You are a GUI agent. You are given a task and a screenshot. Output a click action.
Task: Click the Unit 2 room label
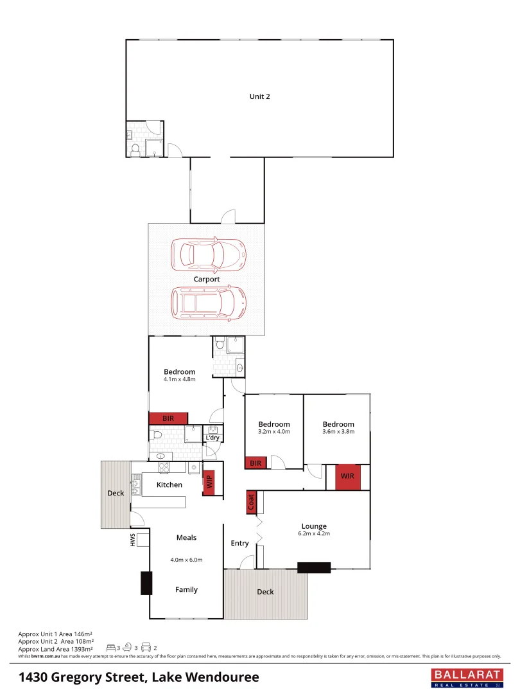click(259, 96)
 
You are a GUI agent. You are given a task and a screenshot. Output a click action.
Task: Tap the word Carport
click(207, 280)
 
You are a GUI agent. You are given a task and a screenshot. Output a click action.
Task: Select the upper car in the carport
click(208, 255)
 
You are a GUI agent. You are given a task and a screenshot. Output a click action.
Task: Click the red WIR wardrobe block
click(347, 477)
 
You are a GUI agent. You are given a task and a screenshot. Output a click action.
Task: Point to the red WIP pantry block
click(209, 482)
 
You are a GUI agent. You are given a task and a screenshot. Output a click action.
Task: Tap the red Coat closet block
click(251, 503)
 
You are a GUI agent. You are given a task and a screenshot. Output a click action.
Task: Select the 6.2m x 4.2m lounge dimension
click(313, 534)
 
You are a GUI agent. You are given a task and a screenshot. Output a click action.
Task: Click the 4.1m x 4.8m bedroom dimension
click(179, 379)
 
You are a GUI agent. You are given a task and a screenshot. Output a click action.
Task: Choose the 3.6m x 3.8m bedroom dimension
click(338, 432)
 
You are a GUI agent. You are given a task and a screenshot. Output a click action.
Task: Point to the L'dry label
click(212, 438)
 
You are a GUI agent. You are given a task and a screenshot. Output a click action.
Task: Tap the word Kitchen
click(169, 485)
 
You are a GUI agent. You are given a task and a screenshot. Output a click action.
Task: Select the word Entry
click(239, 544)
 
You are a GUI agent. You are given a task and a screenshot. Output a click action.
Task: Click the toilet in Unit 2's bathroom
click(135, 150)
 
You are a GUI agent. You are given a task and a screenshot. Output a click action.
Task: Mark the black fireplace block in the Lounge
click(314, 567)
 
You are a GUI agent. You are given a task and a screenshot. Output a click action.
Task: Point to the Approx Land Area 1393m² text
click(56, 648)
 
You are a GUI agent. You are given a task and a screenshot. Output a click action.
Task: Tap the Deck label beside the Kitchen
click(116, 494)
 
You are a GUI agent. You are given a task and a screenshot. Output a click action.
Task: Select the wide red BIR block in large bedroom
click(168, 418)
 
